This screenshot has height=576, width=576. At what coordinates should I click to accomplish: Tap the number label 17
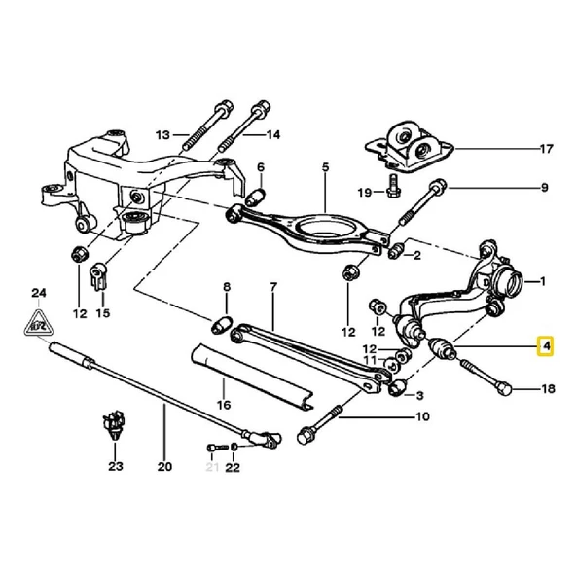click(546, 149)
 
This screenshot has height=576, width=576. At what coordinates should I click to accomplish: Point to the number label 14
click(273, 133)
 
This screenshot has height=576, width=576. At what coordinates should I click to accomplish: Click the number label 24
click(38, 292)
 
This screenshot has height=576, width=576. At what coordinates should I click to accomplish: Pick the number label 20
click(163, 467)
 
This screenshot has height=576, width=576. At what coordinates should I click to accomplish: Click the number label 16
click(223, 403)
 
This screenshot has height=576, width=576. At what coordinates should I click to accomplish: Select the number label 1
click(543, 281)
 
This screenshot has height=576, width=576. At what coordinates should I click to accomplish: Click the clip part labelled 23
click(115, 427)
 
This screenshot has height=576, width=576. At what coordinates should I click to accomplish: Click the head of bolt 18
click(503, 388)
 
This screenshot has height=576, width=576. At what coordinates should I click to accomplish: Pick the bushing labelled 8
click(221, 322)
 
